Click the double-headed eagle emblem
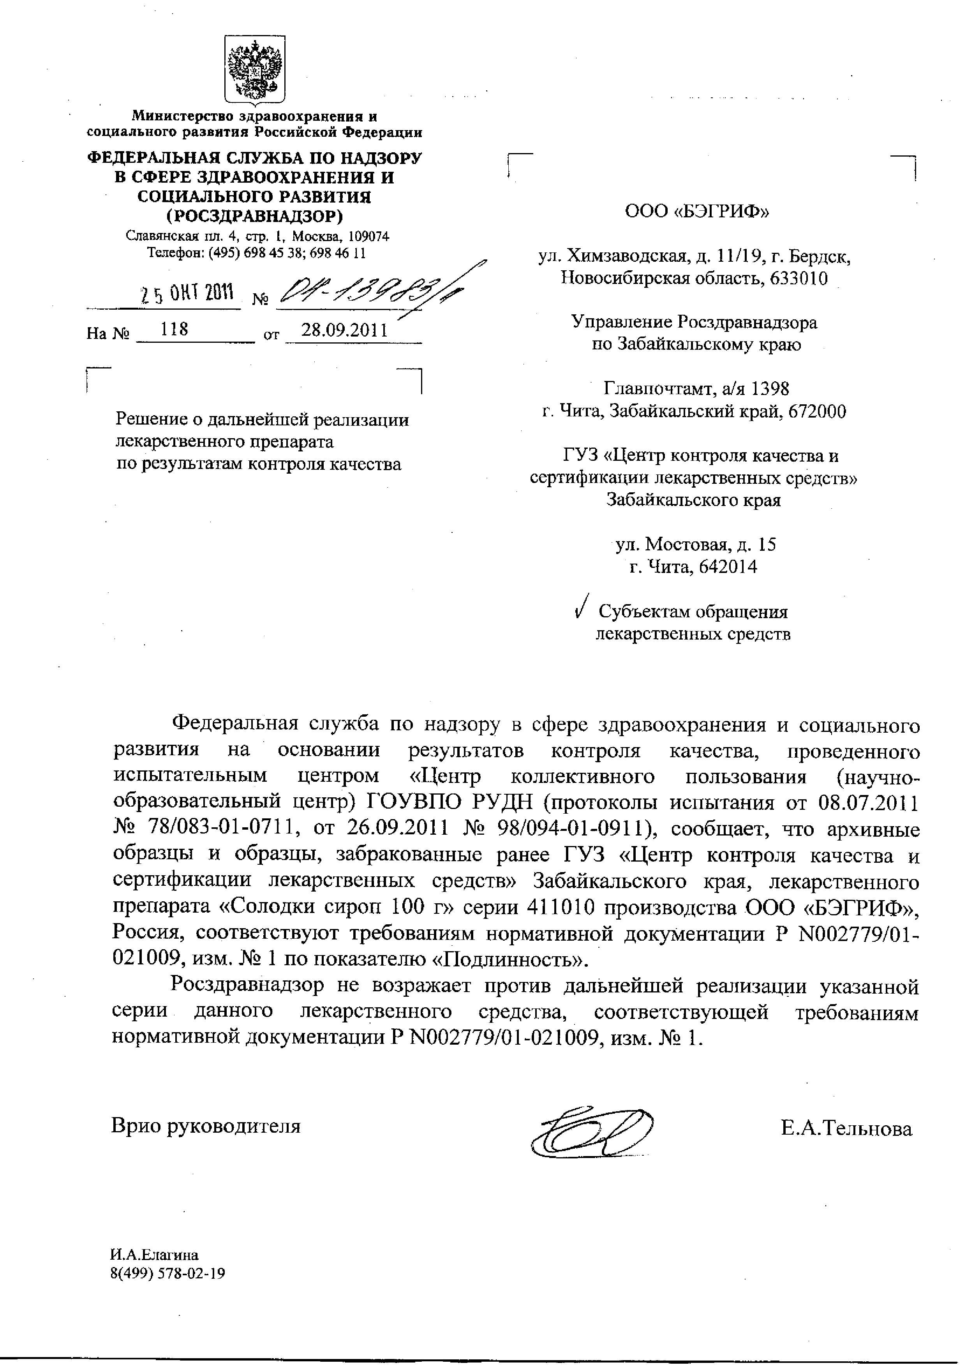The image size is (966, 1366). (255, 70)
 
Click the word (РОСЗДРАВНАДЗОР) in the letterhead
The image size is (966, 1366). (255, 215)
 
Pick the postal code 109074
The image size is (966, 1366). (367, 236)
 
